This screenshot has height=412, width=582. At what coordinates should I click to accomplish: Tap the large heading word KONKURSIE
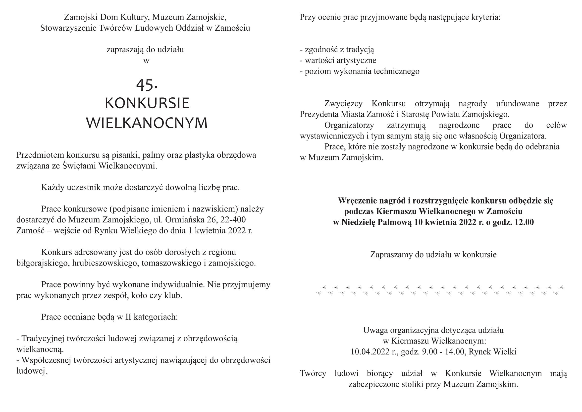(x=147, y=103)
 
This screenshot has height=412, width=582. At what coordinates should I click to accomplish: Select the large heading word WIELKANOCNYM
(x=147, y=123)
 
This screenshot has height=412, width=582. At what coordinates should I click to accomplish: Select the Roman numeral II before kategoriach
(x=128, y=317)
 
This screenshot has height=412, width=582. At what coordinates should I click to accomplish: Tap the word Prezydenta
(x=319, y=114)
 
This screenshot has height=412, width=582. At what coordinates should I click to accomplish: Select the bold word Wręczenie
(x=357, y=201)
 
